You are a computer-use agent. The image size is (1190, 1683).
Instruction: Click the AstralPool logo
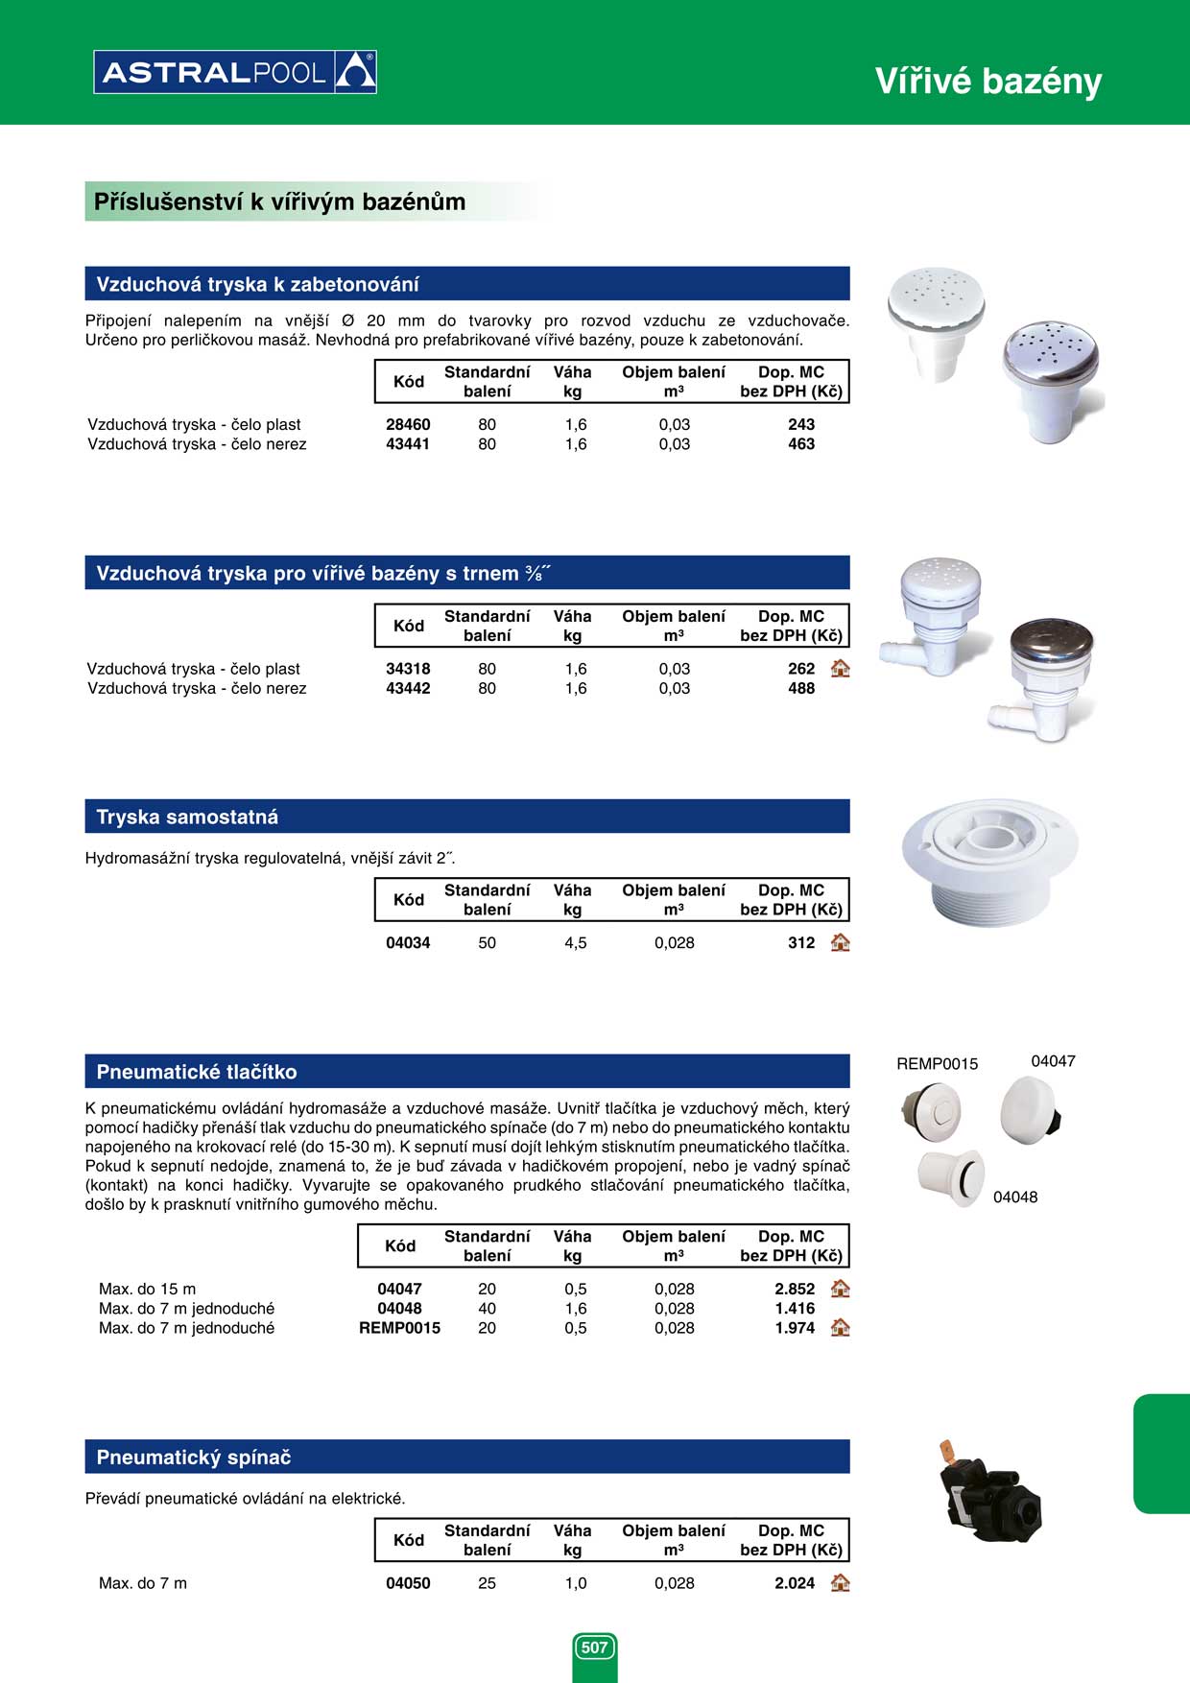click(x=235, y=72)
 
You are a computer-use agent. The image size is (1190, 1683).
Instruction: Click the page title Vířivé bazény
click(x=988, y=82)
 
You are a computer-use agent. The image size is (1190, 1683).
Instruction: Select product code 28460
click(x=408, y=424)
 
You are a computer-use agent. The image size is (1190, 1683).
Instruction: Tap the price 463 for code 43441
click(x=800, y=444)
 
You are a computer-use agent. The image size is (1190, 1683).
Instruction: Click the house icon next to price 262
click(x=841, y=669)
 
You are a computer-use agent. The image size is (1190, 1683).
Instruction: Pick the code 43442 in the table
click(x=408, y=688)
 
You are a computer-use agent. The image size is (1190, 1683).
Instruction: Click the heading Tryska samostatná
click(x=187, y=817)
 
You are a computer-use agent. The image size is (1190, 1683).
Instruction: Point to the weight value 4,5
click(x=575, y=943)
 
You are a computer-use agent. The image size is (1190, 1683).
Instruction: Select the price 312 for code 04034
click(x=800, y=943)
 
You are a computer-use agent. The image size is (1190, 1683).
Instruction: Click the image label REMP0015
click(x=937, y=1063)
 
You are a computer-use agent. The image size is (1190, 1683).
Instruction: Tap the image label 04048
click(x=1015, y=1197)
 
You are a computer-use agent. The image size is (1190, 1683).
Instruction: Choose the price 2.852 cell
click(x=795, y=1289)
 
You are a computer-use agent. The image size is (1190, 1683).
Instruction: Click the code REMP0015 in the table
click(x=399, y=1328)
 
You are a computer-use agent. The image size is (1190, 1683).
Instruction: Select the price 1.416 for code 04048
click(x=795, y=1308)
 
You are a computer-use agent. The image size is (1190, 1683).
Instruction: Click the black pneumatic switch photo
click(x=988, y=1493)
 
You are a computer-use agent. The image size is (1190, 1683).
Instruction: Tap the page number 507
click(x=595, y=1647)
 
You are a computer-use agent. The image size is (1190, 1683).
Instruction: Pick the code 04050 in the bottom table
click(x=408, y=1583)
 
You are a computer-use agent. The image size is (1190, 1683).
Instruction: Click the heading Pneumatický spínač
click(x=193, y=1457)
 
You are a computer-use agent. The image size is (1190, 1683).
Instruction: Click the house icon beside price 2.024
click(x=841, y=1583)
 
